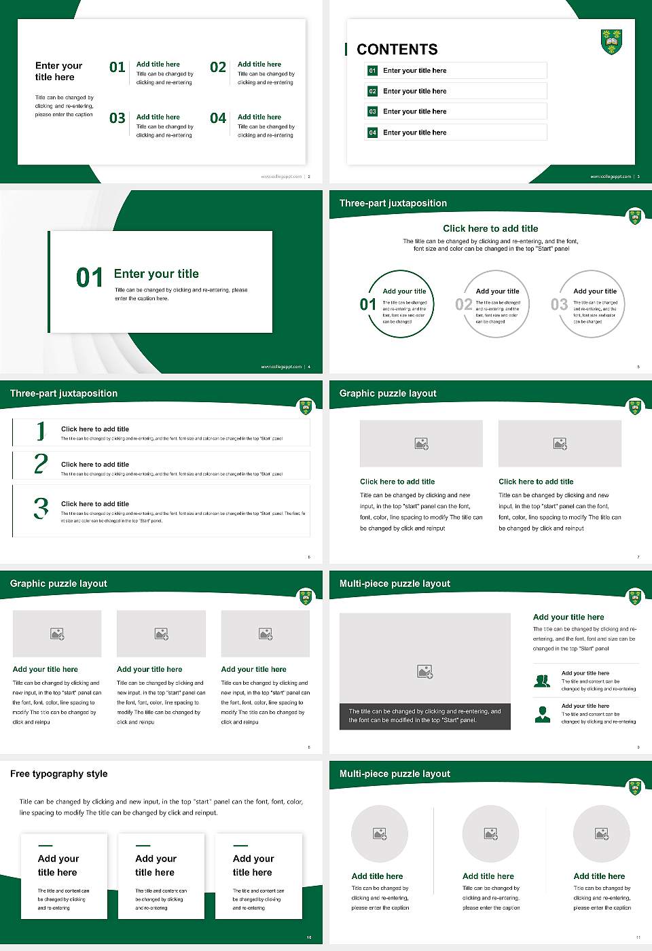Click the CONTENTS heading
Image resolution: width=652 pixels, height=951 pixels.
click(x=397, y=50)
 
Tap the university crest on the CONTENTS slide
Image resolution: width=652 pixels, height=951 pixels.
click(x=612, y=41)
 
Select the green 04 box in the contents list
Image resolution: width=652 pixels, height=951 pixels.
click(x=372, y=132)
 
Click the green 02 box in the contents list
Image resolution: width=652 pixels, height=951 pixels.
click(x=372, y=91)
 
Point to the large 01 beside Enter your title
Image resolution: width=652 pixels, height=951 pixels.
click(x=90, y=277)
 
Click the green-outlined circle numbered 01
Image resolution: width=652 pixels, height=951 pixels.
click(x=401, y=304)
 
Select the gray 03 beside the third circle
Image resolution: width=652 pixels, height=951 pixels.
click(x=559, y=304)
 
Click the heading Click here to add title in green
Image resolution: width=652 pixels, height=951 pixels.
click(x=490, y=229)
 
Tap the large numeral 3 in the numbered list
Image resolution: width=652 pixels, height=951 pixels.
click(x=41, y=508)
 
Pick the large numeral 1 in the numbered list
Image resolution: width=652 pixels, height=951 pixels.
click(x=41, y=431)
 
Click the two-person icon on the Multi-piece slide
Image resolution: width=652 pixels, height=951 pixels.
click(x=542, y=681)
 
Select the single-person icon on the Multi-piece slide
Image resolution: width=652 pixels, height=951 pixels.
click(x=542, y=714)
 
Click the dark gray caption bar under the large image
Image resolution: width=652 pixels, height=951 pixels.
click(x=424, y=716)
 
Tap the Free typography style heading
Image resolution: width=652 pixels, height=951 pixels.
click(x=59, y=774)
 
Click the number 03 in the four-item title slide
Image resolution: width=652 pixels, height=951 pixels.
click(x=117, y=118)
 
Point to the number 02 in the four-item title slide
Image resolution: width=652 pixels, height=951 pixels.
click(x=218, y=67)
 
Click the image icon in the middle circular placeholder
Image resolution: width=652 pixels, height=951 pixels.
click(x=490, y=833)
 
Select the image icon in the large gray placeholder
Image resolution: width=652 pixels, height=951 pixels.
click(x=424, y=672)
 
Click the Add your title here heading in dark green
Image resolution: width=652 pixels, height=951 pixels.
click(x=568, y=617)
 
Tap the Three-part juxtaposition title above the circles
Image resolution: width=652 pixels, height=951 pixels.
click(x=393, y=203)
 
